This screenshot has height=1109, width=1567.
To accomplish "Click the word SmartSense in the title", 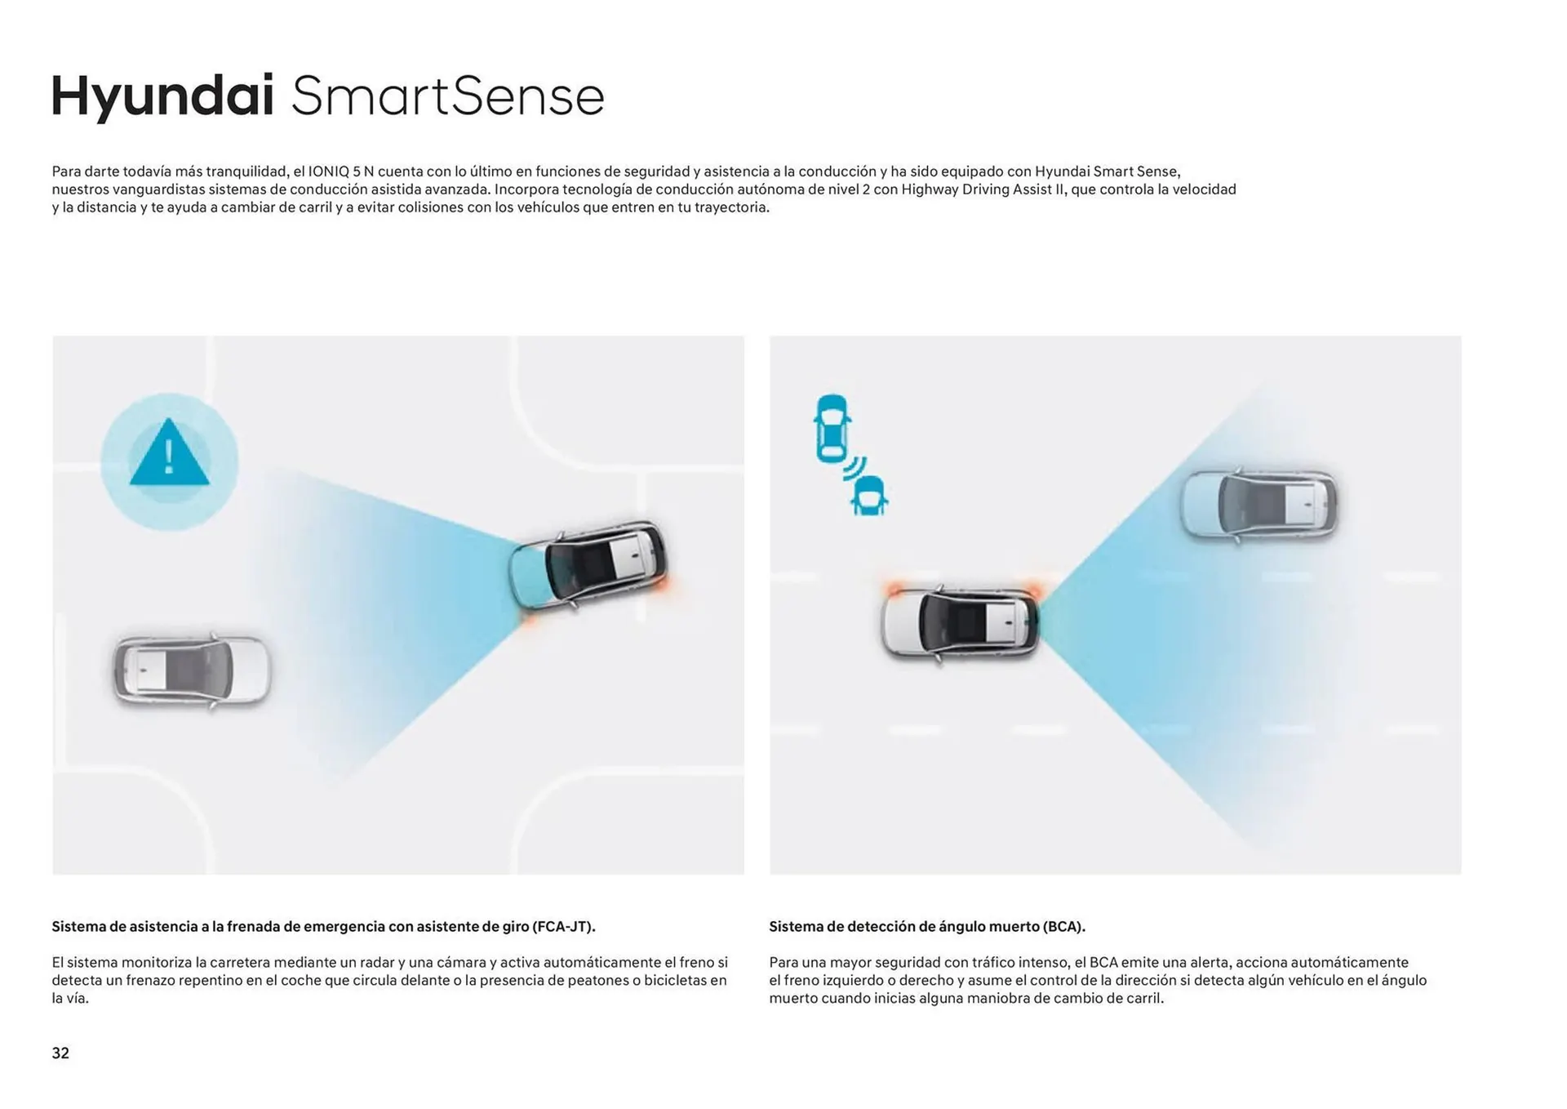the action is (448, 96).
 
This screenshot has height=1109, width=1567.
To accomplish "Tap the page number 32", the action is (60, 1053).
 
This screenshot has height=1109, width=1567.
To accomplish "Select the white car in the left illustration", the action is (192, 670).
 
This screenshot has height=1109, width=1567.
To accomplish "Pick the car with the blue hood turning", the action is (588, 565).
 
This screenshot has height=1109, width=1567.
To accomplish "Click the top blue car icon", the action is (832, 429).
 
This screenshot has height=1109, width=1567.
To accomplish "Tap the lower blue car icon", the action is (869, 496).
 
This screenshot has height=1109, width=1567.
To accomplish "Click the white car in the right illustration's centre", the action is (960, 623).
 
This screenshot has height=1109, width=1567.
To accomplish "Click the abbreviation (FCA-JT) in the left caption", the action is (563, 927).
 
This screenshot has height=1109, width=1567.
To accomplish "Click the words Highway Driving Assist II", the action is (983, 189).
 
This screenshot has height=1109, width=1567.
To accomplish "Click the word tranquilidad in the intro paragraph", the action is (246, 171).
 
